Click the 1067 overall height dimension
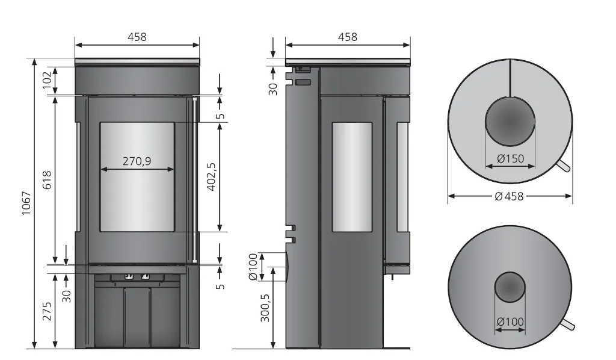[x=26, y=203]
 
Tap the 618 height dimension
[x=47, y=180]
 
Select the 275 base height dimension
[x=47, y=311]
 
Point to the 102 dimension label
[x=47, y=80]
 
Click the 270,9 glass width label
[x=137, y=161]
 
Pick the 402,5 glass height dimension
[x=211, y=176]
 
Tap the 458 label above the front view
[x=137, y=37]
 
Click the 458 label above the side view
[x=348, y=37]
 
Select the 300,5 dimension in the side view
[x=265, y=308]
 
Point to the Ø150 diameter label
[x=510, y=159]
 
